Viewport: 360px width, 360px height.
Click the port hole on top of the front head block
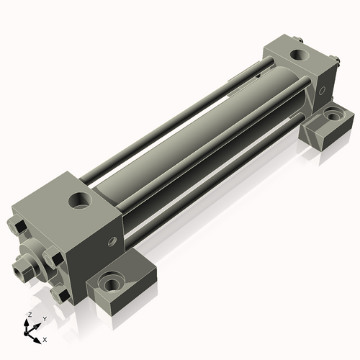click(81, 200)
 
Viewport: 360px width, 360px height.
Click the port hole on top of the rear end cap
click(296, 55)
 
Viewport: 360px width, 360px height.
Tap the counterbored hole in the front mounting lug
click(112, 283)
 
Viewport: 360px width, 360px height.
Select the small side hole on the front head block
click(112, 242)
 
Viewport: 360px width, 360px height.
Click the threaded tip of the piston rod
click(18, 273)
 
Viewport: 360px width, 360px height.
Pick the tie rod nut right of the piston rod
click(52, 257)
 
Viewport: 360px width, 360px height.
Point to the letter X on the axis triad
click(45, 338)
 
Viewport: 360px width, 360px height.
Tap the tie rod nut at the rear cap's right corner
click(336, 64)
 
